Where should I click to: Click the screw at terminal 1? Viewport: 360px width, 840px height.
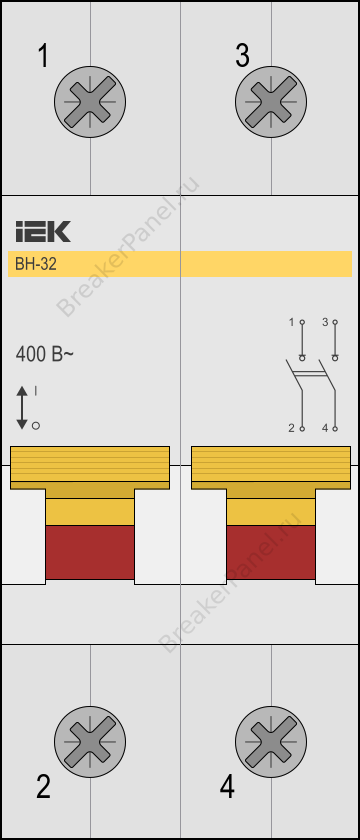[x=90, y=101]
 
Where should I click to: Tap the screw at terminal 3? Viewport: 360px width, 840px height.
[x=271, y=101]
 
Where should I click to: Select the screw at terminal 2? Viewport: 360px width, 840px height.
[x=90, y=741]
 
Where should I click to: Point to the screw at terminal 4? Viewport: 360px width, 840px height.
[x=271, y=741]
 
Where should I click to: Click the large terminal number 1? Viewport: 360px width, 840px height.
[x=43, y=56]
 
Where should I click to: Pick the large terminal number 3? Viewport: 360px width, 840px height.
[x=242, y=56]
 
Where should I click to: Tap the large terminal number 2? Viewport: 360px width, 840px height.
[x=43, y=787]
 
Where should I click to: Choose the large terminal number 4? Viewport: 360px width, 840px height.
[x=227, y=787]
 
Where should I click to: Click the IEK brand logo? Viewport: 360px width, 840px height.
[x=43, y=231]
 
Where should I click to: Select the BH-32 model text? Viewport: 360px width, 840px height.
[x=35, y=265]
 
